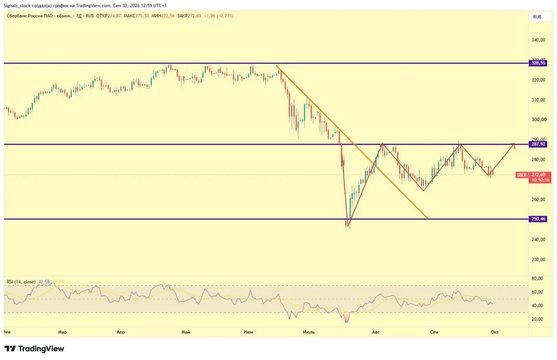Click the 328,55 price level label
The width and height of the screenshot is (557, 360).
[x=538, y=63]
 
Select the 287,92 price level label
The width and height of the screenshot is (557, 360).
[x=538, y=144]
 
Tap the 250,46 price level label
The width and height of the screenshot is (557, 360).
[x=538, y=219]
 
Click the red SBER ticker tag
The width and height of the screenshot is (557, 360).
[x=522, y=175]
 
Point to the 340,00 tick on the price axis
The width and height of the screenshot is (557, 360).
[x=538, y=40]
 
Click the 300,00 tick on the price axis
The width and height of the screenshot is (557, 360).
[x=539, y=119]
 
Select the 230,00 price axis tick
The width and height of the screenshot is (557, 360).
[x=538, y=259]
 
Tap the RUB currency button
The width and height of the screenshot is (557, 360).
[x=537, y=17]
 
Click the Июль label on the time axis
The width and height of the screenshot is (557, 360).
[x=309, y=332]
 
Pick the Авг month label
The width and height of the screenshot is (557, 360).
[x=376, y=332]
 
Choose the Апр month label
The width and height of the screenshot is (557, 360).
[x=121, y=332]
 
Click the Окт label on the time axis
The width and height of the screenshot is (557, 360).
[x=495, y=332]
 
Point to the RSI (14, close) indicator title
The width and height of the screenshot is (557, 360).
[x=21, y=282]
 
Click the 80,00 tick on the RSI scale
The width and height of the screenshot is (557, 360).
[x=537, y=279]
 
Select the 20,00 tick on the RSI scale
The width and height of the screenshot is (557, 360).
[x=537, y=319]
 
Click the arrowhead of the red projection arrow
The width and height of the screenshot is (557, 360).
[x=514, y=144]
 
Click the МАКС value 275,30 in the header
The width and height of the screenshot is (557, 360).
[x=142, y=16]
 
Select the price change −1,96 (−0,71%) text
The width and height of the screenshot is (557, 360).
[x=218, y=16]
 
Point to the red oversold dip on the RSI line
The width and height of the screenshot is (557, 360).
[x=346, y=317]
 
